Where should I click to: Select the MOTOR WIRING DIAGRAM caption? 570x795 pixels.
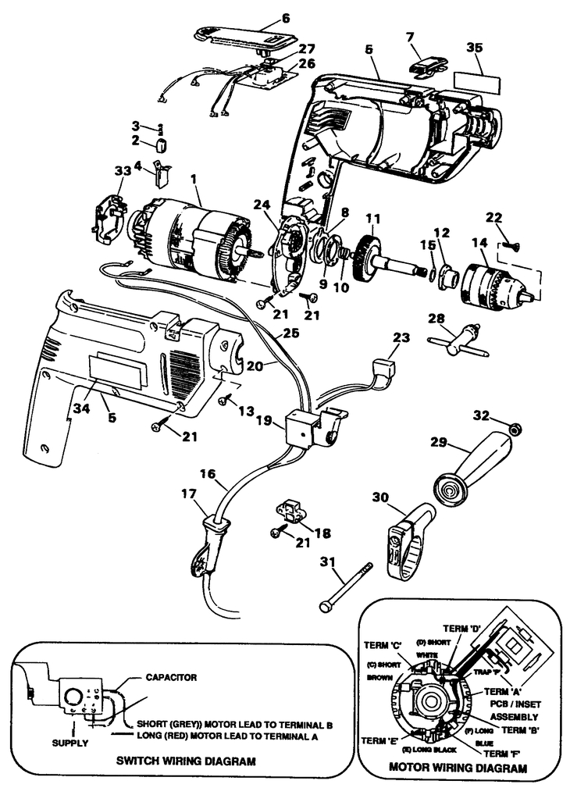(x=458, y=768)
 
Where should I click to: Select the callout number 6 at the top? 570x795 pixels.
(x=263, y=17)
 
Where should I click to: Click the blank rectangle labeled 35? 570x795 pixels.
(x=474, y=83)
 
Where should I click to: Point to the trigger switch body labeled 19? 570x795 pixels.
(x=305, y=429)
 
